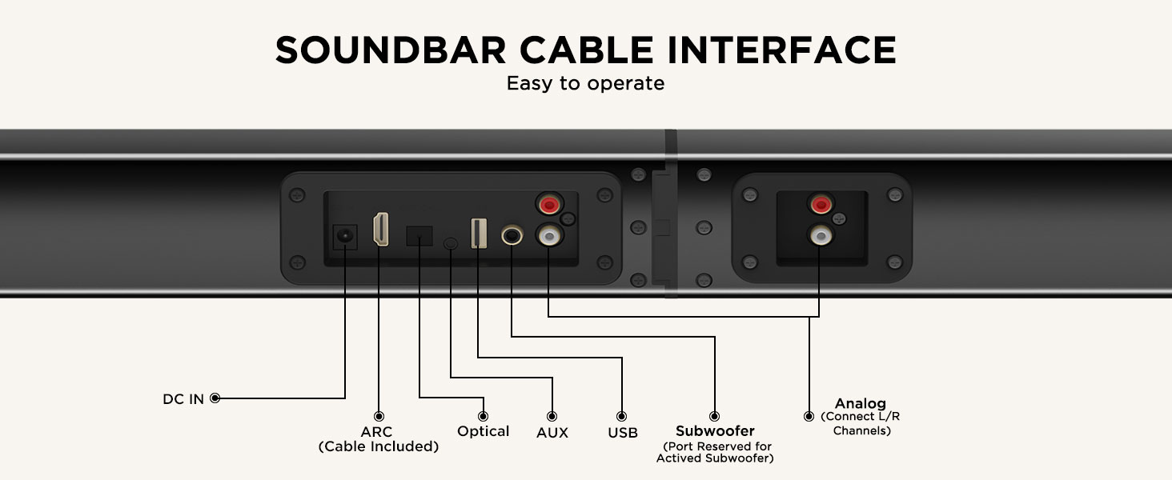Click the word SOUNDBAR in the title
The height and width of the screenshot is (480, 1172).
tap(391, 50)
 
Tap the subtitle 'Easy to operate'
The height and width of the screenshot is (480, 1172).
tap(585, 83)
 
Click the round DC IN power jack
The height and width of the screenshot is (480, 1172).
tap(345, 236)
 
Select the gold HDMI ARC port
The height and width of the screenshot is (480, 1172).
tap(381, 229)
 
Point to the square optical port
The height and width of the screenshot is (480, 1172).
tap(419, 236)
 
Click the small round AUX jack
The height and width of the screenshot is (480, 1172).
tap(451, 244)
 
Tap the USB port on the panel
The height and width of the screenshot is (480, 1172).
tap(479, 234)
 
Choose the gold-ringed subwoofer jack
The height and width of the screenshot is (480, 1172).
tap(512, 235)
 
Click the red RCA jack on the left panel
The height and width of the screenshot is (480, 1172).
tap(549, 204)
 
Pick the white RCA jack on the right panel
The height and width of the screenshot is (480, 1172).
tap(821, 235)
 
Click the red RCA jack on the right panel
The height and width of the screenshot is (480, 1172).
tap(821, 204)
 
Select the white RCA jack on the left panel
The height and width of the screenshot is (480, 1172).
tap(548, 235)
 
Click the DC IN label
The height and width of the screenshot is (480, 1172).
tap(183, 399)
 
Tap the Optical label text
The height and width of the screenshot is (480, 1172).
tap(483, 431)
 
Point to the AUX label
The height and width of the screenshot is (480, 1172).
tap(552, 433)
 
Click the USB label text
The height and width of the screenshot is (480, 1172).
tap(623, 433)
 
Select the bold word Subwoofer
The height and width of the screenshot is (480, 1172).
tap(715, 431)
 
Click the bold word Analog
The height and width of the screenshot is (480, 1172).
tap(860, 403)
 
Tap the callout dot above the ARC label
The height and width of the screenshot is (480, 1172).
tap(379, 416)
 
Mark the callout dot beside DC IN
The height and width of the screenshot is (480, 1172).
tap(215, 398)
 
